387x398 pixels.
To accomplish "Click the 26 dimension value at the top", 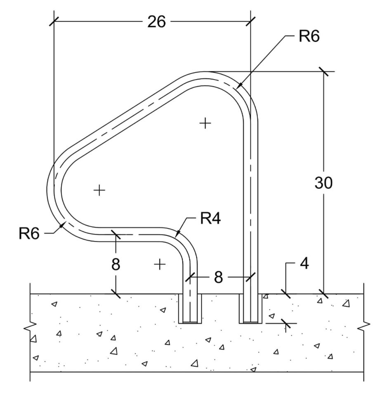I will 156,22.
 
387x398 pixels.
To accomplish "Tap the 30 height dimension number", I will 323,183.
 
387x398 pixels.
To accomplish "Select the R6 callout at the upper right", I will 309,36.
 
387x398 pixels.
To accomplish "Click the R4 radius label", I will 210,219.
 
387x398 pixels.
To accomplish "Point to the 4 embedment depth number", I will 304,264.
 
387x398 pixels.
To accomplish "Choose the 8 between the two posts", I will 218,277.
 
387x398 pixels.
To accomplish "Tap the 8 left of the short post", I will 116,264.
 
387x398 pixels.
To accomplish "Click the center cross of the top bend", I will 205,123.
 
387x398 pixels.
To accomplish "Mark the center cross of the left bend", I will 99,190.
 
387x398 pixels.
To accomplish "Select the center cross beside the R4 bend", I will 159,264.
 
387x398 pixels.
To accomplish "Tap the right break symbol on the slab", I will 363,326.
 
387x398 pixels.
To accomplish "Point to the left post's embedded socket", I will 190,309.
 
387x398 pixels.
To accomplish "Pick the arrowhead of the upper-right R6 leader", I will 239,87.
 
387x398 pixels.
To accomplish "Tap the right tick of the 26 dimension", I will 250,22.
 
